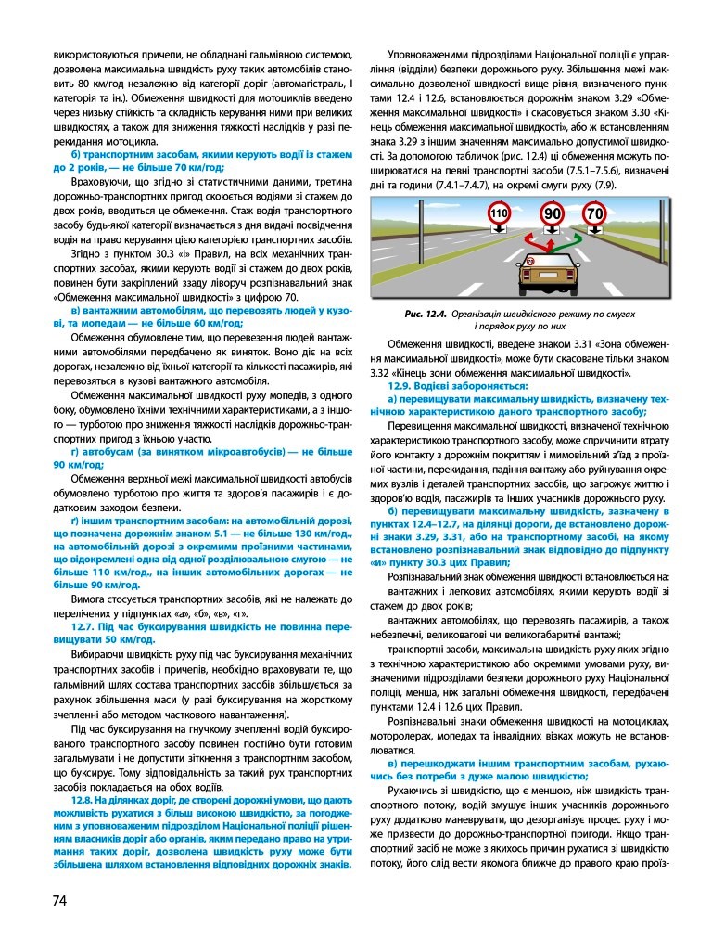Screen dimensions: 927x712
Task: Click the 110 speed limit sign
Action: click(498, 215)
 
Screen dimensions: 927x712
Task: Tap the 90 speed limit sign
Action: click(553, 214)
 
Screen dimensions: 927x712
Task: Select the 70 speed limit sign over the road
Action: click(594, 216)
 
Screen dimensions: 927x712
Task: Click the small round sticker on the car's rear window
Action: click(529, 263)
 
